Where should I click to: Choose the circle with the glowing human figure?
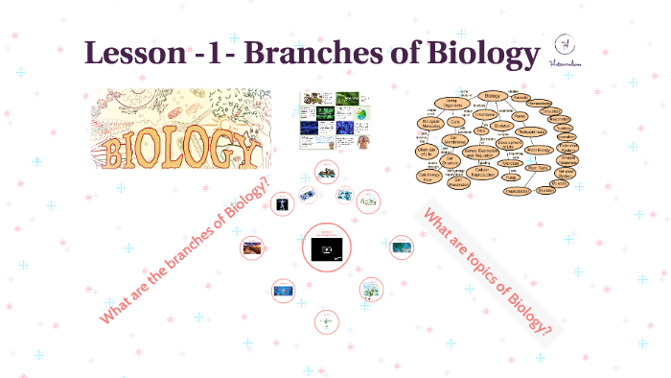pos(282,204)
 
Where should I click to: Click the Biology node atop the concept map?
pos(493,96)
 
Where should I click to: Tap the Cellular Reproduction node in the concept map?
pos(483,173)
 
